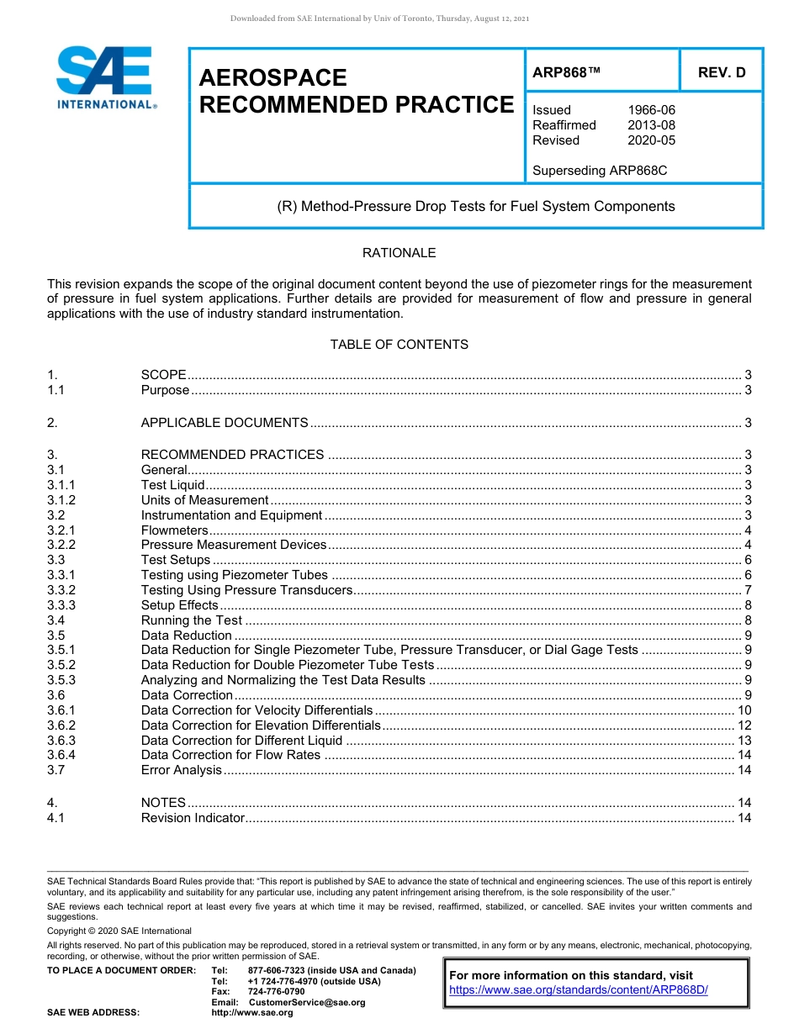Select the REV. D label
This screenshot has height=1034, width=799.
tap(722, 72)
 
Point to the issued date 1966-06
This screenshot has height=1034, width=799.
tap(651, 110)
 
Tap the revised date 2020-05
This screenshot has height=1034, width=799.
tap(651, 140)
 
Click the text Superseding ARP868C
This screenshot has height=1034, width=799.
tap(600, 171)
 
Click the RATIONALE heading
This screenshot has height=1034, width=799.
tap(399, 253)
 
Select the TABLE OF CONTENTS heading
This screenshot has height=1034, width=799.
tap(399, 345)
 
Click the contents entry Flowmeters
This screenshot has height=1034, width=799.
tap(174, 530)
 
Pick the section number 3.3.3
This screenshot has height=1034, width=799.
tap(61, 605)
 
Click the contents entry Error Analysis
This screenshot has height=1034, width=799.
tap(181, 770)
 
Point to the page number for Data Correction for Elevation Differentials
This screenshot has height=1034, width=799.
tap(743, 725)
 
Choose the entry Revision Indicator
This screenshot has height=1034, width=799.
tap(193, 818)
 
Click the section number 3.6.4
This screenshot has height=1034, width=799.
tap(61, 755)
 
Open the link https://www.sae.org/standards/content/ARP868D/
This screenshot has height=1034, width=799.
tap(579, 990)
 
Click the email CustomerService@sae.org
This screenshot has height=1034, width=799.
tap(310, 1002)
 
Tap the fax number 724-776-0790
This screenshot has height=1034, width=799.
tap(276, 992)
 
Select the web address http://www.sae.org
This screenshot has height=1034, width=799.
tap(252, 1013)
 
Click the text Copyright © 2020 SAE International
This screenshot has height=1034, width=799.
tap(119, 931)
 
